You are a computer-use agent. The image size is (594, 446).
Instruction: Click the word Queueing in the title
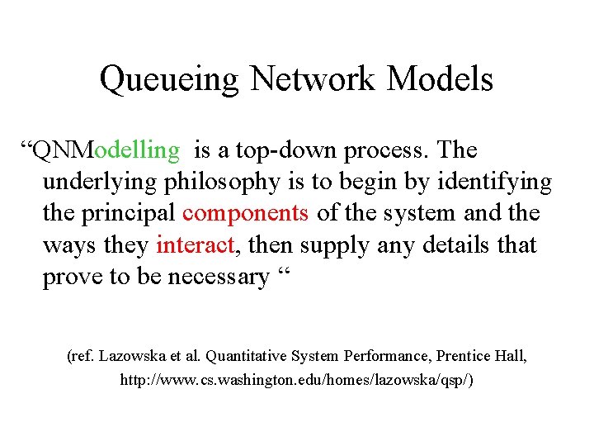pos(169,80)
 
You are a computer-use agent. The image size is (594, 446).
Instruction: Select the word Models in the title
pos(441,79)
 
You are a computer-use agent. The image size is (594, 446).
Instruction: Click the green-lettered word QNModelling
pos(104,150)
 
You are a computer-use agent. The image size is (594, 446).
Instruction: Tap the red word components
pos(246,214)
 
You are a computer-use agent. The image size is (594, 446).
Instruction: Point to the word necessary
pos(219,277)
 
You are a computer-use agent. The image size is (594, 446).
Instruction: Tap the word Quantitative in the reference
pos(246,356)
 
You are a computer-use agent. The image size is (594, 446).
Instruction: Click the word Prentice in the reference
pos(464,356)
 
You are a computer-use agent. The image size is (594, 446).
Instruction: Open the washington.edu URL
pos(297,381)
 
